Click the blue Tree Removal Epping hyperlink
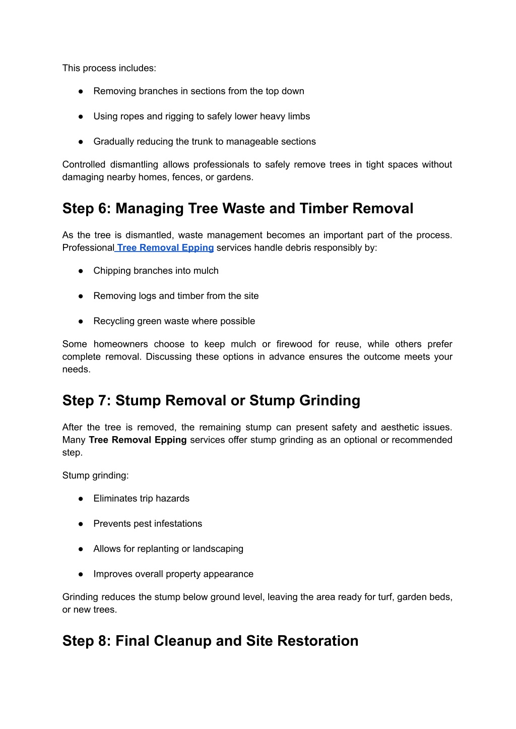point(165,248)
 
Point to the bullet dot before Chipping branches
point(81,271)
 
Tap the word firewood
point(294,344)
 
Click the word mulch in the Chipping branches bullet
point(207,271)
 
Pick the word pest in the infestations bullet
point(143,523)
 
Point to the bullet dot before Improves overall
point(81,574)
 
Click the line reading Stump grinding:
point(96,475)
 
